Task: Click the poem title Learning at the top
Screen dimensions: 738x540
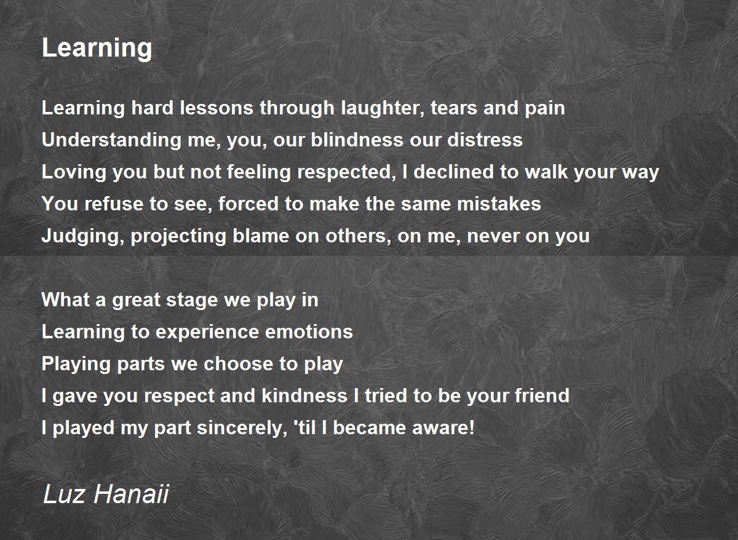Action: (97, 49)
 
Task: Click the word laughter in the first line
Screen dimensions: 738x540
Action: (382, 108)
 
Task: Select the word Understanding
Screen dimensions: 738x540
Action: (111, 140)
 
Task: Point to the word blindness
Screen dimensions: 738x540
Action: (357, 140)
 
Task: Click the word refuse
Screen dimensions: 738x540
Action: (114, 204)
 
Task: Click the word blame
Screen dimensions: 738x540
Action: (261, 236)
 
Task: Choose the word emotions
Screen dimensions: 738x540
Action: (309, 332)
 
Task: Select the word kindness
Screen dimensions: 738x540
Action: (304, 395)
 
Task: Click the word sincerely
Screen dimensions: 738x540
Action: (242, 428)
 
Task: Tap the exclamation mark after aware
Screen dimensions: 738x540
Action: (472, 427)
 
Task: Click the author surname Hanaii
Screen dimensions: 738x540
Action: (131, 494)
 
